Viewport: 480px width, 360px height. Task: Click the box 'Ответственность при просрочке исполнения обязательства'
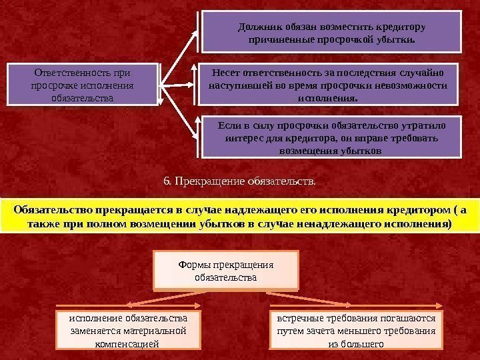82,84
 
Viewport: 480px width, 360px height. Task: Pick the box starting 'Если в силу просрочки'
331,137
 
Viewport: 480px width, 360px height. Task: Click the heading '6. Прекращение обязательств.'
240,180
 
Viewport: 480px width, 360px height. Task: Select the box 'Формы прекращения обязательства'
225,270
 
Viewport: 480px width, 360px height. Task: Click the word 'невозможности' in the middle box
415,85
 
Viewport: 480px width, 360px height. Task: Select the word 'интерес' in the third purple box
242,138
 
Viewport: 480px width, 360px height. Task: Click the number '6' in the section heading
167,180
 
